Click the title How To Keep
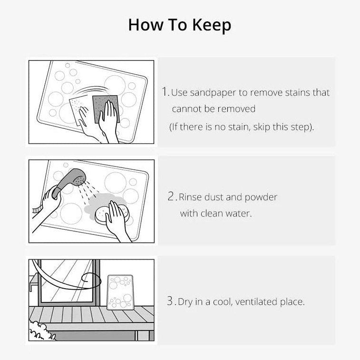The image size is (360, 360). tap(180, 25)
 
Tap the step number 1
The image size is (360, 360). tap(165, 92)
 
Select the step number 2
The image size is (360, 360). tap(172, 196)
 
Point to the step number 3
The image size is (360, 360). tap(171, 301)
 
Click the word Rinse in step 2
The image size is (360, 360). tap(190, 197)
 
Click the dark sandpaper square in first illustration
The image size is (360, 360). tap(104, 107)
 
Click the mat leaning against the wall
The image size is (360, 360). tap(120, 292)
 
